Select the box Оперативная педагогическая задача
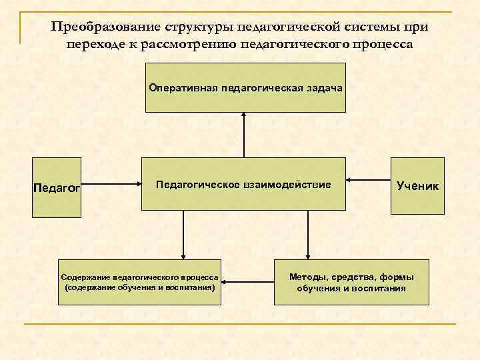(x=244, y=87)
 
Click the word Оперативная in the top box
(x=179, y=88)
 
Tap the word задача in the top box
(x=321, y=88)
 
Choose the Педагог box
(x=57, y=187)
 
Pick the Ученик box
(x=417, y=185)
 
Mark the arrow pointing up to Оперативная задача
(x=244, y=133)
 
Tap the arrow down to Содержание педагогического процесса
(x=181, y=233)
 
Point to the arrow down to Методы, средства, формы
(x=307, y=233)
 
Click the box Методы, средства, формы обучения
(x=351, y=282)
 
